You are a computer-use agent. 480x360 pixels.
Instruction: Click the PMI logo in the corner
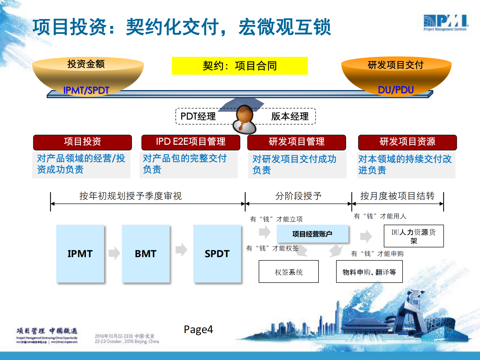pos(446,22)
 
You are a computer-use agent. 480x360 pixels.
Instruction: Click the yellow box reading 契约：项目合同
pos(240,66)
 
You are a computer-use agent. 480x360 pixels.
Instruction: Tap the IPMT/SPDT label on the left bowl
pos(86,90)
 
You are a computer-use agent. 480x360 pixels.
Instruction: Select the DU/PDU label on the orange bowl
pos(396,90)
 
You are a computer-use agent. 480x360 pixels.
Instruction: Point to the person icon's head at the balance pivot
pos(244,114)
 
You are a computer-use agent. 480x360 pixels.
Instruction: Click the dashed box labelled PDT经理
pos(198,116)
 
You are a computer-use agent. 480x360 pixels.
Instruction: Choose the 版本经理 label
pos(289,116)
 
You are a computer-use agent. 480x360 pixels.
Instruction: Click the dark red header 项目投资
pos(82,142)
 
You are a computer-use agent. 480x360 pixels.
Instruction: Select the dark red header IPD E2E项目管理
pos(191,142)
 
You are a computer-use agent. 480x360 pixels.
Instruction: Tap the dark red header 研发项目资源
pos(407,142)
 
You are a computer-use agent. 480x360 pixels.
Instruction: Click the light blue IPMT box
pos(80,254)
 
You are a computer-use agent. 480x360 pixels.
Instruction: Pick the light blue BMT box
pos(145,254)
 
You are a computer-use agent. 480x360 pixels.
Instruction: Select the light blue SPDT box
pos(217,254)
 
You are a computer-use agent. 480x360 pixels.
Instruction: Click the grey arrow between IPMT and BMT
pos(114,253)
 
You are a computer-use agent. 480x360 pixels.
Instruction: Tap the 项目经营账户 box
pos(312,234)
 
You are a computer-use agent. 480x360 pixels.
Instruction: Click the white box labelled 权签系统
pos(289,272)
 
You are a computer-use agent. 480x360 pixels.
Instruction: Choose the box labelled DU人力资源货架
pos(413,236)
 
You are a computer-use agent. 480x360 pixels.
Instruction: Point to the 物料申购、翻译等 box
pos(369,272)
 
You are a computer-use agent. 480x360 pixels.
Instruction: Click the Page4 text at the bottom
pos(198,329)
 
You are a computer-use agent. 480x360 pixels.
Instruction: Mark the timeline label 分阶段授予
pos(298,196)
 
